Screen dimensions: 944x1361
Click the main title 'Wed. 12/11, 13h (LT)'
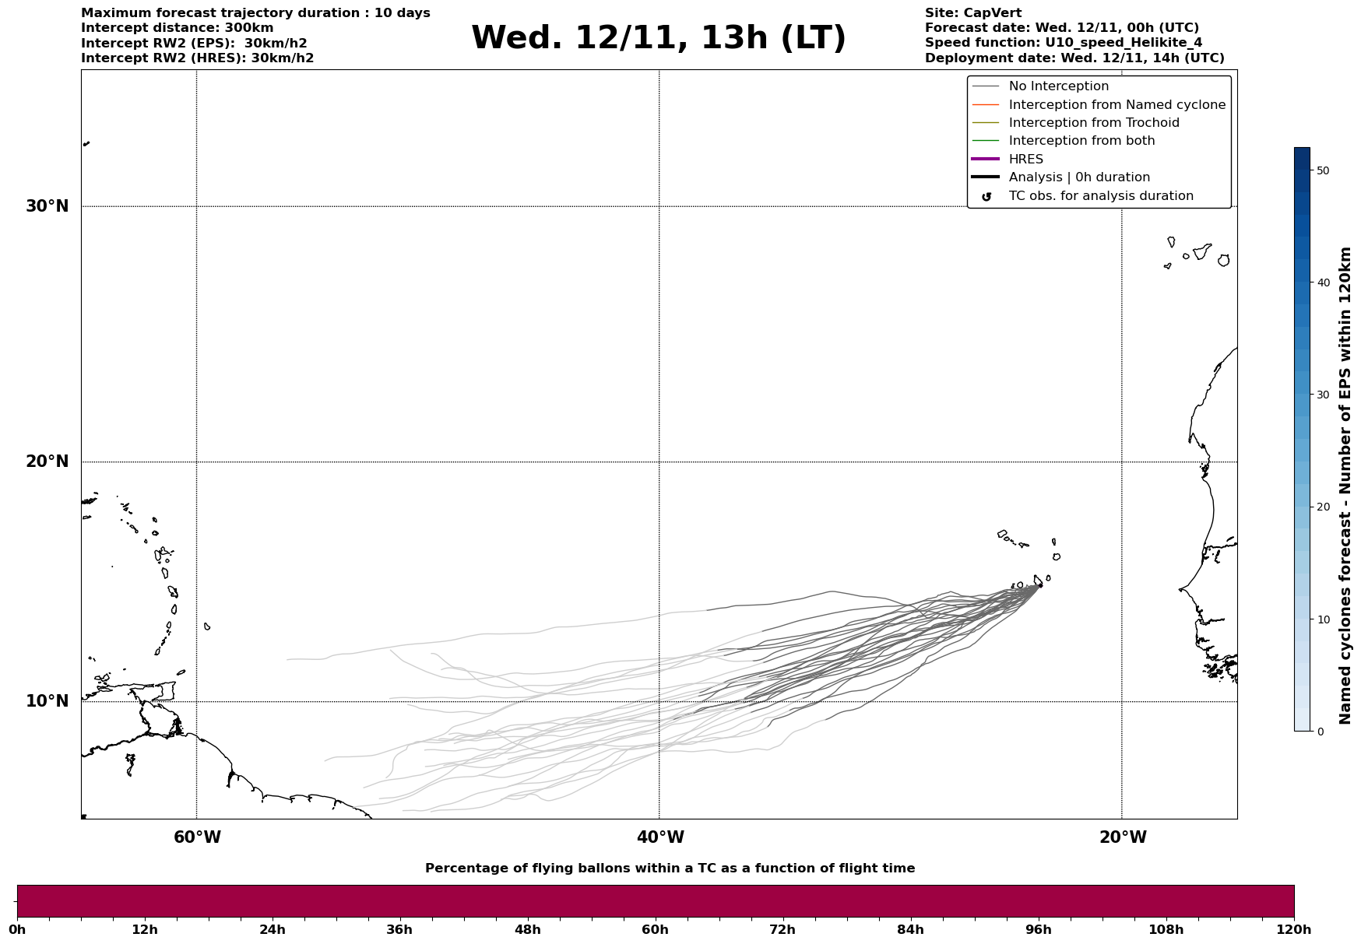coord(658,38)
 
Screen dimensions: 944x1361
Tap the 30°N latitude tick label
coord(47,206)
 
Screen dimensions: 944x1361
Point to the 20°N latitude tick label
coord(47,461)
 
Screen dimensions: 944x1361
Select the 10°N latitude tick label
coord(47,701)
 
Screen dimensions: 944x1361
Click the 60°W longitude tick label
coord(197,837)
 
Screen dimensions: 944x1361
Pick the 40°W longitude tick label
coord(660,837)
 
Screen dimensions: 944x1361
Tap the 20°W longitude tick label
coord(1123,837)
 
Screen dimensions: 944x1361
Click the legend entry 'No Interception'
coord(1058,86)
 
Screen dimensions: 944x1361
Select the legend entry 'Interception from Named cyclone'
coord(1117,105)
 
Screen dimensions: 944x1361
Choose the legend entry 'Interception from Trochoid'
coord(1093,123)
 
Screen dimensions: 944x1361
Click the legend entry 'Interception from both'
coord(1081,141)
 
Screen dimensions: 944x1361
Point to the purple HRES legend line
coord(985,160)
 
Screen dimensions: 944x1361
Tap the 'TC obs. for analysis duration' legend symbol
coord(986,197)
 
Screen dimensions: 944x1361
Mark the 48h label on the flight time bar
coord(527,930)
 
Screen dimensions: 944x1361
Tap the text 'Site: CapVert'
coord(972,13)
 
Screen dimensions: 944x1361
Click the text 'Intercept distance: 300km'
coord(178,28)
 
